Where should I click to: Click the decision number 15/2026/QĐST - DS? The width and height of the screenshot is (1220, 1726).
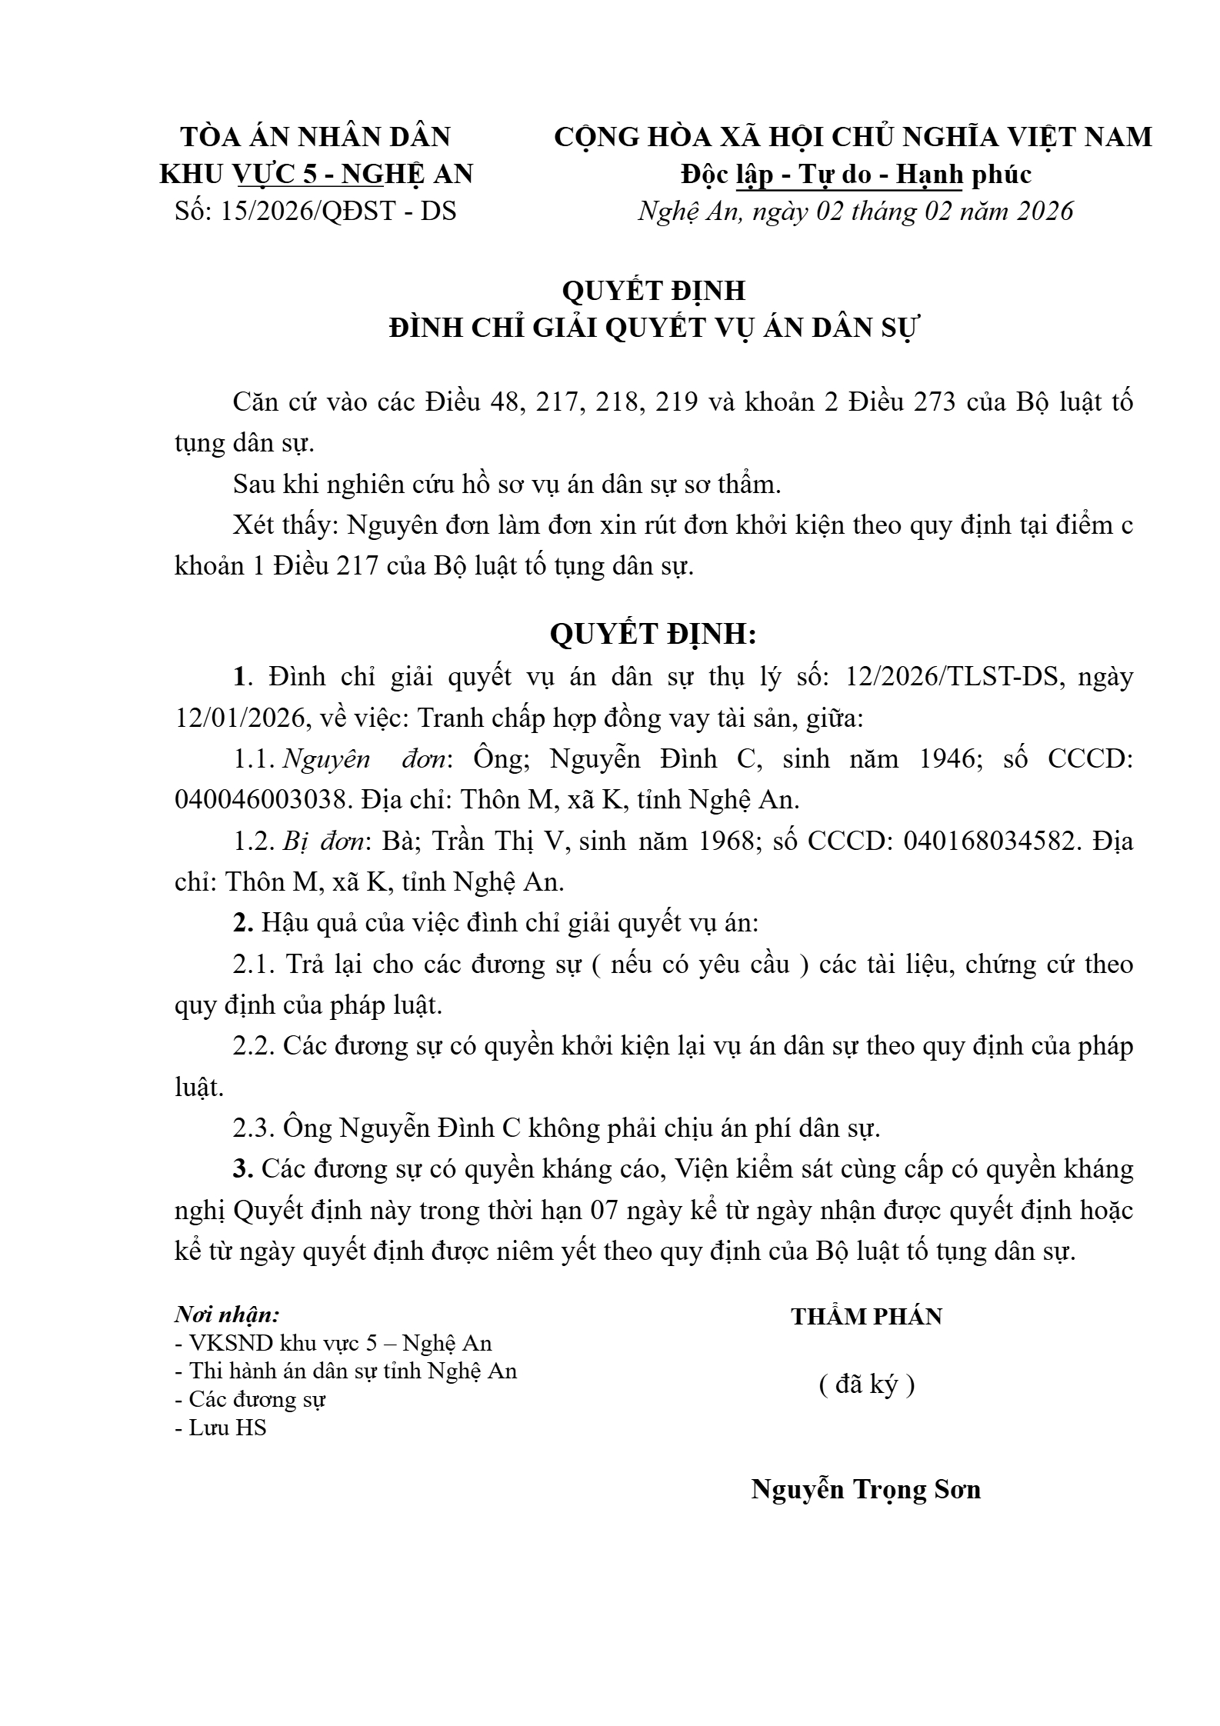click(x=338, y=211)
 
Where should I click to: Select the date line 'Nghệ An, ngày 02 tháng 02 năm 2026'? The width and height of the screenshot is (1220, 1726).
click(x=855, y=211)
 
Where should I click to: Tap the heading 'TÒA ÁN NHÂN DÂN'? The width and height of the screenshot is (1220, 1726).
click(x=315, y=137)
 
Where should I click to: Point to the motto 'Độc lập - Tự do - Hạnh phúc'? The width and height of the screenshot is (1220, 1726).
click(x=855, y=174)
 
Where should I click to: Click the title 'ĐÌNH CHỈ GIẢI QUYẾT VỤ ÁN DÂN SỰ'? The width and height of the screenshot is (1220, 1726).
click(x=654, y=328)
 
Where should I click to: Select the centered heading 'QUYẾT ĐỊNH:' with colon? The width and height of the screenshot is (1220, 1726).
click(x=654, y=634)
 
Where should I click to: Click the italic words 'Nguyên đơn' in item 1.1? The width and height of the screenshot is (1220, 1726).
click(x=365, y=759)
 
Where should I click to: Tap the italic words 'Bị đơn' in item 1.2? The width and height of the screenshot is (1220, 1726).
click(x=323, y=841)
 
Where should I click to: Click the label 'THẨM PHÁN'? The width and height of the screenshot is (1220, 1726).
click(x=866, y=1317)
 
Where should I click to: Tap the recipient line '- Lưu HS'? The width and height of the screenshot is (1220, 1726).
click(x=221, y=1428)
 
